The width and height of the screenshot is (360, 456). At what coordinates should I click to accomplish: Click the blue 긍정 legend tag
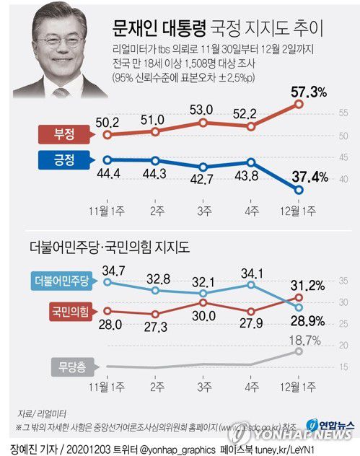pyautogui.click(x=71, y=159)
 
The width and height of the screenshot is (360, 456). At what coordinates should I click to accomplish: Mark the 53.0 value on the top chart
pyautogui.click(x=205, y=109)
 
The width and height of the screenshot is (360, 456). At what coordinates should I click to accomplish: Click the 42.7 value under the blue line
pyautogui.click(x=205, y=179)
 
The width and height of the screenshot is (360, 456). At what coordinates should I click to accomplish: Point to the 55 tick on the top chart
pyautogui.click(x=343, y=113)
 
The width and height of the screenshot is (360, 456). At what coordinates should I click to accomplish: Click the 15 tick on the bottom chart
pyautogui.click(x=343, y=368)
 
